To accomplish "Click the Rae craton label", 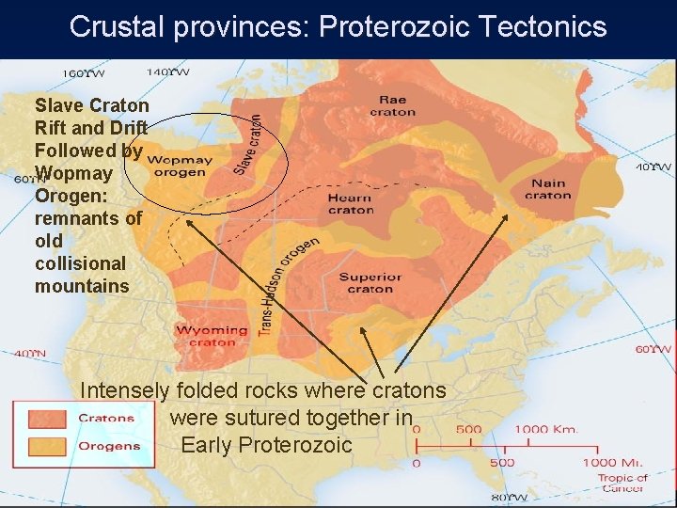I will point(392,105).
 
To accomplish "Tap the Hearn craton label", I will point(350,203).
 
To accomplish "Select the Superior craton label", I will point(370,283).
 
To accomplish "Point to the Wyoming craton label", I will point(213,336).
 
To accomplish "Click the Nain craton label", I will point(547,189).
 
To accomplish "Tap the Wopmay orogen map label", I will point(179,166).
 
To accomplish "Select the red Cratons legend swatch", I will point(46,418).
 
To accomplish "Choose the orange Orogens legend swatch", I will point(46,446).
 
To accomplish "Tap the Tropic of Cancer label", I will point(622,483).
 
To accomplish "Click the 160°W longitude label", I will point(84,73).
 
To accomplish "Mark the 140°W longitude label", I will point(166,71).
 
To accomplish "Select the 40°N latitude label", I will point(28,354).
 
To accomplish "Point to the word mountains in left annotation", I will point(82,286).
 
